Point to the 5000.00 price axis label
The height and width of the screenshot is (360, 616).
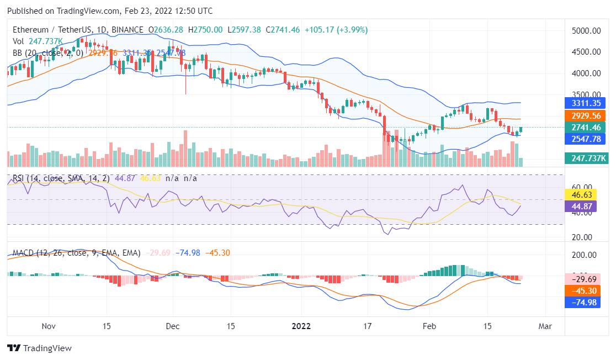click(586, 31)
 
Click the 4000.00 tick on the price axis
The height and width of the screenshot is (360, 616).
click(586, 73)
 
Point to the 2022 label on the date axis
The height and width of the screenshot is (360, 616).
click(302, 326)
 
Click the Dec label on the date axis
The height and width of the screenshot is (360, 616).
click(173, 326)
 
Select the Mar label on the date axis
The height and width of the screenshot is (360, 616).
click(545, 326)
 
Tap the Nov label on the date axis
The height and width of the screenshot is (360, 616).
click(50, 326)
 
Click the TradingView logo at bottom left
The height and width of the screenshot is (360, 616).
click(39, 348)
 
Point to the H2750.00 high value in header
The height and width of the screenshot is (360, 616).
click(205, 29)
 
